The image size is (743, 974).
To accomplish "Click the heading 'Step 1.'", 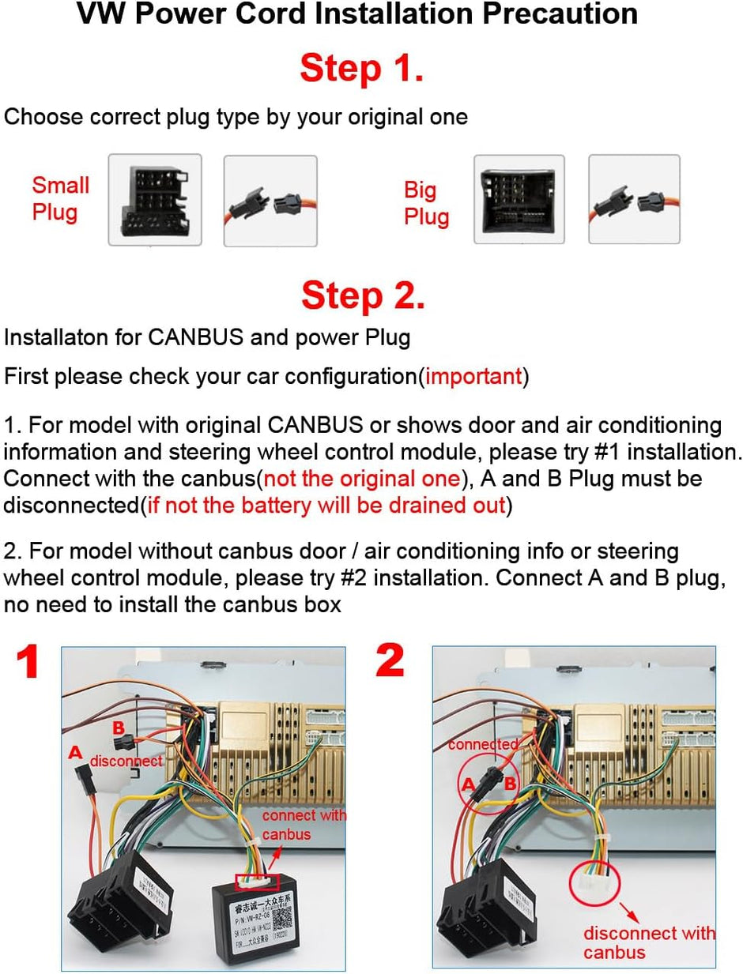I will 361,70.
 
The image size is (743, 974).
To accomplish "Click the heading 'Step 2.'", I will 363,295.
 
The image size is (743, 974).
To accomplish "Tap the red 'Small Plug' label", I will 60,198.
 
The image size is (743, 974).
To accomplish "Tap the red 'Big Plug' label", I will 426,203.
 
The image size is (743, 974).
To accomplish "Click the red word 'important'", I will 474,376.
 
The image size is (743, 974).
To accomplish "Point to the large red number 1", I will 28,664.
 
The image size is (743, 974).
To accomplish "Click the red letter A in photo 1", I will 75,753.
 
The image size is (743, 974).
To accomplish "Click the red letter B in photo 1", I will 118,728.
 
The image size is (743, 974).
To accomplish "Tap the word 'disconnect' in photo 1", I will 126,762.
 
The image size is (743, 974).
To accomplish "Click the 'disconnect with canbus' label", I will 648,942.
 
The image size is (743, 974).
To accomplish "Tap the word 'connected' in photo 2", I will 484,744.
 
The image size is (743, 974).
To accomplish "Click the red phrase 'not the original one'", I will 361,479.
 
